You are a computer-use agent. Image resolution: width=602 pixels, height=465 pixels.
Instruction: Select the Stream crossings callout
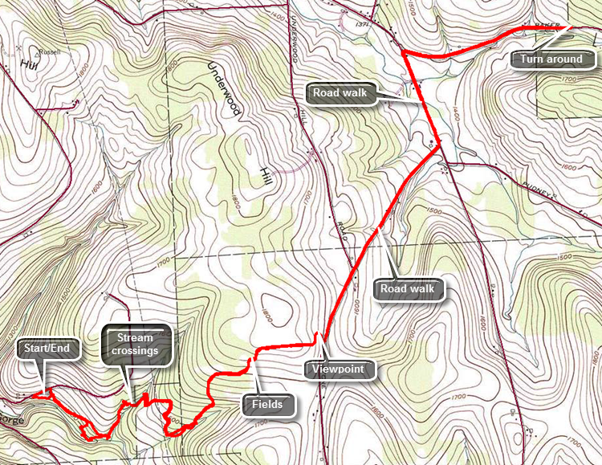pyautogui.click(x=135, y=345)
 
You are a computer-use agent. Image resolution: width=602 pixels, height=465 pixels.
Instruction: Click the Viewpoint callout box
pyautogui.click(x=340, y=369)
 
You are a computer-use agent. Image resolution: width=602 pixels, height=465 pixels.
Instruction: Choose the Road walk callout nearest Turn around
pyautogui.click(x=340, y=93)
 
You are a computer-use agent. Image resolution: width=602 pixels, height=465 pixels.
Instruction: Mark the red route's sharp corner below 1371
pyautogui.click(x=402, y=53)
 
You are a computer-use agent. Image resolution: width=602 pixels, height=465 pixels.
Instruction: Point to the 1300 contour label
pyautogui.click(x=11, y=331)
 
